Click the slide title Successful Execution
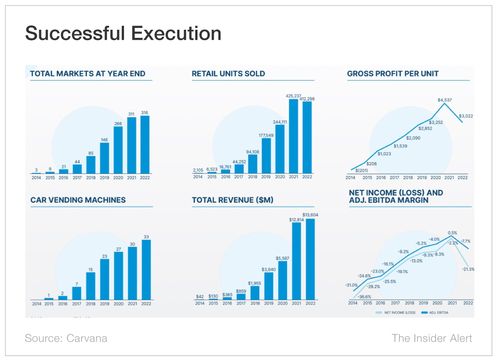[x=123, y=34]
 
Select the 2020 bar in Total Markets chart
[x=118, y=150]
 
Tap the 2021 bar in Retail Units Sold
[x=294, y=136]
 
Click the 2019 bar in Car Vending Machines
[x=105, y=279]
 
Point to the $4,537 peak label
[x=445, y=100]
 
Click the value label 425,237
[x=294, y=96]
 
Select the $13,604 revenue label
[x=310, y=215]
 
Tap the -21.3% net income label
[x=468, y=269]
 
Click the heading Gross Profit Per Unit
[x=392, y=73]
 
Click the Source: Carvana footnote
[x=66, y=338]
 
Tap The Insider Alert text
[x=432, y=338]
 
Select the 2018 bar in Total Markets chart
[x=91, y=164]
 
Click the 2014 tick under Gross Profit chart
[x=350, y=178]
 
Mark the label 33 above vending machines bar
[x=146, y=236]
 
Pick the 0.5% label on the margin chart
[x=453, y=233]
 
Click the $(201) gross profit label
[x=362, y=170]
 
